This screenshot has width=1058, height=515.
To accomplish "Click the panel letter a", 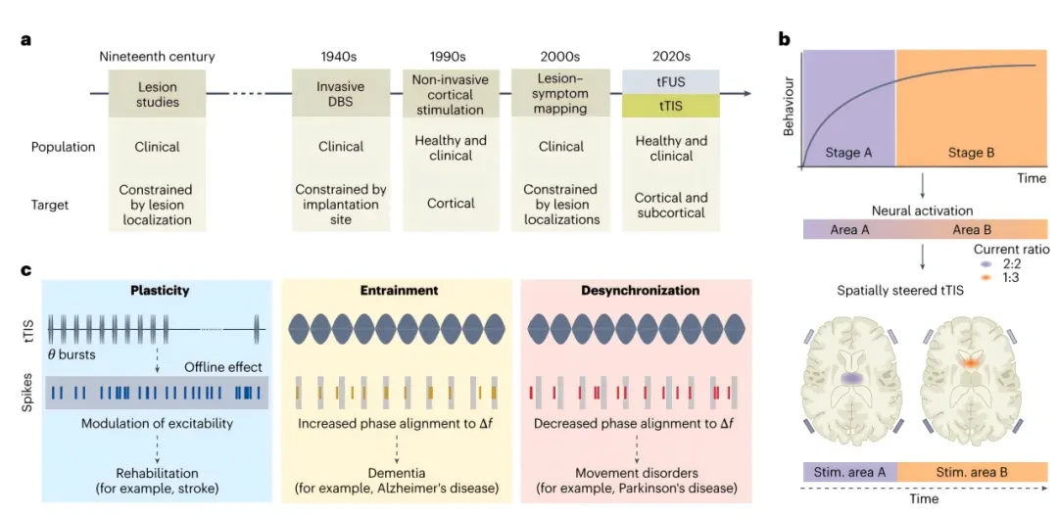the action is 26,40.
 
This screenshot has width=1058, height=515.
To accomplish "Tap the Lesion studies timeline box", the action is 157,94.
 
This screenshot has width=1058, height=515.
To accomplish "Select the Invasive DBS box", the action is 341,94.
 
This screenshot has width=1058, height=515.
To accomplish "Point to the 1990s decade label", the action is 449,58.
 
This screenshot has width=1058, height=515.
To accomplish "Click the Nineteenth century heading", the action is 157,58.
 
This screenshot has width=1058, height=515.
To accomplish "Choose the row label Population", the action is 63,146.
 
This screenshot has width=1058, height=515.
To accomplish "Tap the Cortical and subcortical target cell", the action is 671,205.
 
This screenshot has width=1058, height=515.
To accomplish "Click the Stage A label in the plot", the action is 848,153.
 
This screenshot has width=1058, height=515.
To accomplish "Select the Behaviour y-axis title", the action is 789,107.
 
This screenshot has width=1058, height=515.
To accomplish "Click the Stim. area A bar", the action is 849,472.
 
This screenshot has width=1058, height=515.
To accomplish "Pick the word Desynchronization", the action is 640,291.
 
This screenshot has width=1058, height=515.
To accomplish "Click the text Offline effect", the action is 224,367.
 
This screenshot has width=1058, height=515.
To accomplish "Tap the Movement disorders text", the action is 635,473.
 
